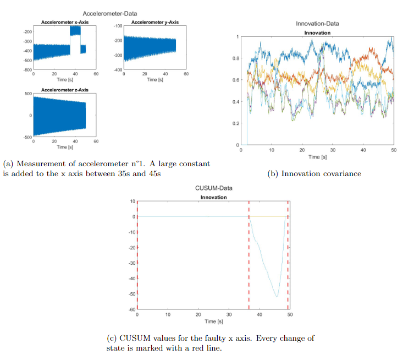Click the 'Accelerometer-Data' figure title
point(110,13)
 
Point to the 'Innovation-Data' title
point(317,24)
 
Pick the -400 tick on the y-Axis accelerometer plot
point(117,70)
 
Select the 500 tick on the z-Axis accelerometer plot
point(27,94)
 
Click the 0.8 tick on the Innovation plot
point(236,58)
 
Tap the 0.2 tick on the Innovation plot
point(236,123)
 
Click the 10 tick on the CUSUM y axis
point(132,201)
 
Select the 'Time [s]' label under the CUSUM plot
point(213,321)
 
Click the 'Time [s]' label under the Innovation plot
point(317,157)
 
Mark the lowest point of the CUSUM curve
point(277,297)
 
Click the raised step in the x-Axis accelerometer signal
point(75,31)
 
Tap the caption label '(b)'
point(272,174)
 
